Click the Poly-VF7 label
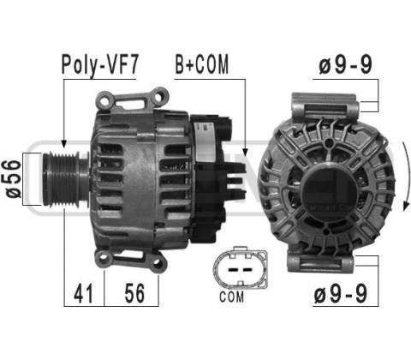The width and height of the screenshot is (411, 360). pos(100,64)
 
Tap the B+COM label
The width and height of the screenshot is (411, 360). pos(202,64)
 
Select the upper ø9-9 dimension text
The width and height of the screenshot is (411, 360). pos(345,64)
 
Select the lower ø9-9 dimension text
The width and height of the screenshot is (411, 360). pos(340,293)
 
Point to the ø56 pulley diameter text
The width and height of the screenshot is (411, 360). pos(14,179)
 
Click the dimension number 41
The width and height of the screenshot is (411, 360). pos(83,293)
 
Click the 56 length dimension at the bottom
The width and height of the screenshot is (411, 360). pos(134,293)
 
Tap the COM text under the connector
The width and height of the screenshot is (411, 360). pos(231,297)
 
